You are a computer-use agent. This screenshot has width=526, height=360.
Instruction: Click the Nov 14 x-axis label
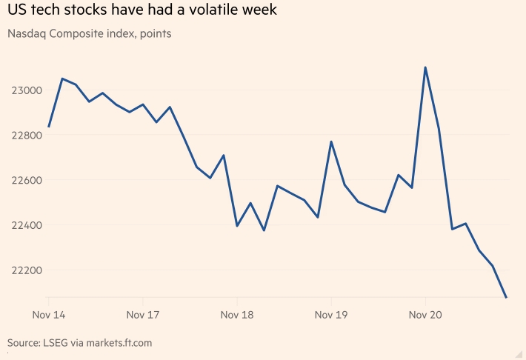[x=49, y=315]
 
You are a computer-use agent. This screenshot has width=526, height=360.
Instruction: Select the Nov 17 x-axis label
[x=143, y=315]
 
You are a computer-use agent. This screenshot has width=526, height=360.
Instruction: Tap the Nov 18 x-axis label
[x=237, y=315]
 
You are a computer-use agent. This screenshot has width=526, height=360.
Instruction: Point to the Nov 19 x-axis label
[x=331, y=315]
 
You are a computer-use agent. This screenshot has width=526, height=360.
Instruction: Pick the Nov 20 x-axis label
[x=425, y=315]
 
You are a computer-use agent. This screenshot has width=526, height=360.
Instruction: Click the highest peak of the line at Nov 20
[x=425, y=67]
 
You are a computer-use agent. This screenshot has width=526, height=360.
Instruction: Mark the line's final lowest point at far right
[x=506, y=297]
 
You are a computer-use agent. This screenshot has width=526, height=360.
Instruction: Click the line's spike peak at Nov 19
[x=331, y=141]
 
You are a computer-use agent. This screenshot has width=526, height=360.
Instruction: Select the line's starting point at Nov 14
[x=49, y=127]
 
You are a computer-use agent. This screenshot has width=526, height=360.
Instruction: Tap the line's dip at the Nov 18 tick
[x=237, y=226]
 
